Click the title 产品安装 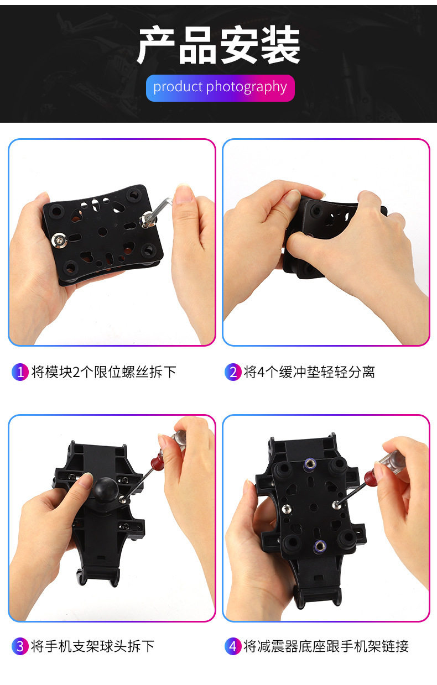pos(219,45)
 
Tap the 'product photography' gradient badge pos(220,88)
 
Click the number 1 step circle pos(20,372)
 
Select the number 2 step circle pos(233,372)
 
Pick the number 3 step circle pos(20,646)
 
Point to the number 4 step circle pos(233,646)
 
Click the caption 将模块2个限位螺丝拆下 pos(104,372)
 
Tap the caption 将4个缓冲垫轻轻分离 pos(309,372)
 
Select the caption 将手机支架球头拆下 pos(93,646)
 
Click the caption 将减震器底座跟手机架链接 pos(326,646)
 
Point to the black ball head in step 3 pos(105,488)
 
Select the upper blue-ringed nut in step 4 pos(310,464)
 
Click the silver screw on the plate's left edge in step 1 pos(59,240)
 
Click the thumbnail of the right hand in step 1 pos(184,194)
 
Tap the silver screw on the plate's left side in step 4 pos(287,509)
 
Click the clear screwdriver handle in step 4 pos(393,462)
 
